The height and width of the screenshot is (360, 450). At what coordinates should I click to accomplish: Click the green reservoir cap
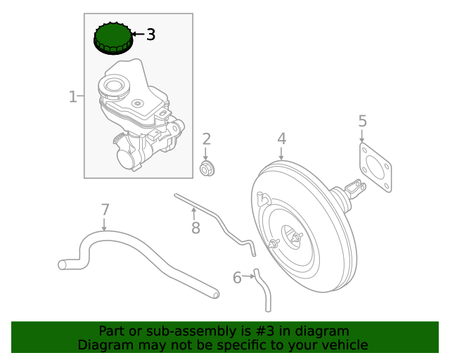(112, 38)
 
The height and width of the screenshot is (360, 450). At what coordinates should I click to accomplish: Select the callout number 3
(150, 34)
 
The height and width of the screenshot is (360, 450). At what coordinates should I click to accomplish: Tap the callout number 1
(72, 96)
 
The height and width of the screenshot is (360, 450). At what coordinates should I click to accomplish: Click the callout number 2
(207, 139)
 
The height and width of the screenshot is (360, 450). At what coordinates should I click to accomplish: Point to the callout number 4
(281, 139)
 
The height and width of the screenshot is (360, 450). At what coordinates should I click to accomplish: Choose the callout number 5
(362, 121)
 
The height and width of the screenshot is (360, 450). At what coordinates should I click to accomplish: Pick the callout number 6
(237, 278)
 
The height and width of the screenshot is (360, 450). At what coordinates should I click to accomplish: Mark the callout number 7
(105, 210)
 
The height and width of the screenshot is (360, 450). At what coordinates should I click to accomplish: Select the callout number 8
(195, 227)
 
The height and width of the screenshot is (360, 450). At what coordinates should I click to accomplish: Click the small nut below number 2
(207, 169)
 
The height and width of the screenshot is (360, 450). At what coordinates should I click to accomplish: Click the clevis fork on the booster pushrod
(356, 188)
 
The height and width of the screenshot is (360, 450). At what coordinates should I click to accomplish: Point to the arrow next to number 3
(137, 34)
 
